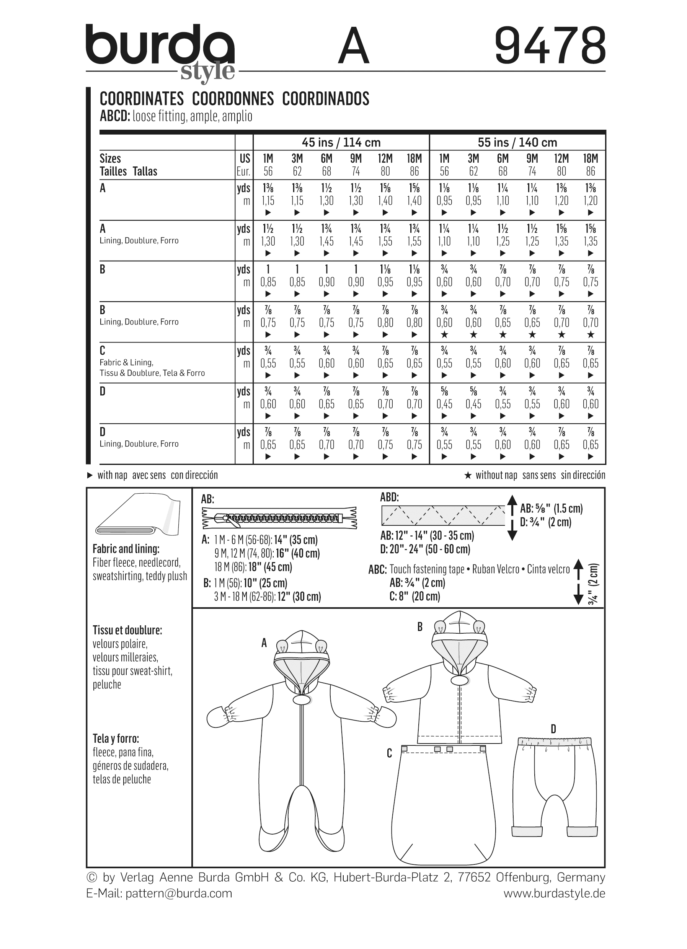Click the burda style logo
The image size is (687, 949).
click(160, 51)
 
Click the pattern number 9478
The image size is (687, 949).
click(550, 46)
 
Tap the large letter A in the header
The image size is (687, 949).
click(354, 47)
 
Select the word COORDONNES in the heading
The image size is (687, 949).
click(233, 99)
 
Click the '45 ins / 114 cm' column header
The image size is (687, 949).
click(341, 143)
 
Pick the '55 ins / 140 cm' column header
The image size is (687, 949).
click(517, 143)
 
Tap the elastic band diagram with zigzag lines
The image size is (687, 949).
click(443, 515)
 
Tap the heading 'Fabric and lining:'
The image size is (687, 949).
click(126, 549)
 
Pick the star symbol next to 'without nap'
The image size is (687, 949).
click(468, 475)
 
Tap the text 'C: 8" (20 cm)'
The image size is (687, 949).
click(414, 597)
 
